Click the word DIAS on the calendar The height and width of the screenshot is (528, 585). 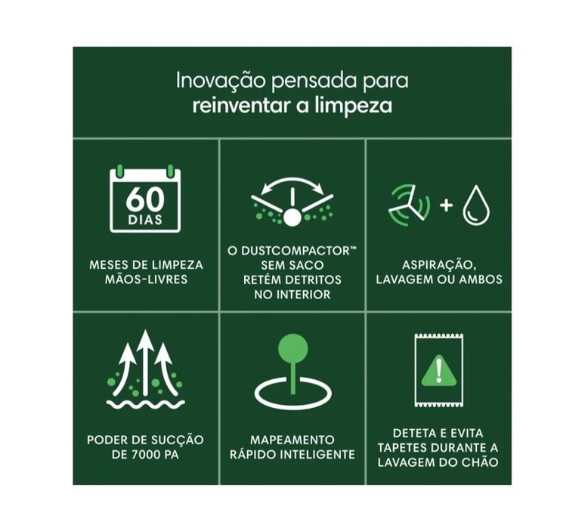[x=144, y=221]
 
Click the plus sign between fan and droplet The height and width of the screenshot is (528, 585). [x=446, y=205]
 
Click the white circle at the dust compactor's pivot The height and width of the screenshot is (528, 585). [x=292, y=218]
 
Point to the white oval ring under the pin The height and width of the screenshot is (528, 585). [x=292, y=394]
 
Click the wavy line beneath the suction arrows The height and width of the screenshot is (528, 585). [x=145, y=404]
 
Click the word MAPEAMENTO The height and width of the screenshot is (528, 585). [x=292, y=440]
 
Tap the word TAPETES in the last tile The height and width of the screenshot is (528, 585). [x=398, y=447]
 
